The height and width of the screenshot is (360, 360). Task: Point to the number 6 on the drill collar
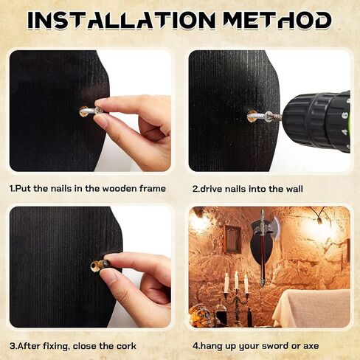pos(345,115)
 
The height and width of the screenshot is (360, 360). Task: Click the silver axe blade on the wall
pos(274,226)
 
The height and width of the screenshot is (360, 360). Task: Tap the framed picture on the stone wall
pos(232,239)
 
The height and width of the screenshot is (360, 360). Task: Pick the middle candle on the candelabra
pos(236,280)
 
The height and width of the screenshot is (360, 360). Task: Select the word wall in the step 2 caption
pos(294,189)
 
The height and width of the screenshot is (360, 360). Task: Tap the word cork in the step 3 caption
pos(126,346)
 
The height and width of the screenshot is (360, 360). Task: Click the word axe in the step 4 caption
pos(311,347)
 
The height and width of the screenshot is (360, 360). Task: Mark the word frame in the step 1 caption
pos(153,189)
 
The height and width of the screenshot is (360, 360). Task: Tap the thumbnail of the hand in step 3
pos(108,278)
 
